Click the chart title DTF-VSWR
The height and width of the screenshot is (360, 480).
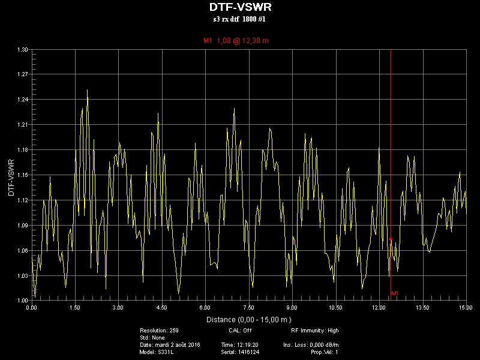[x=241, y=7]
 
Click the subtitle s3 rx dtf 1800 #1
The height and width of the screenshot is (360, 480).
[x=239, y=19]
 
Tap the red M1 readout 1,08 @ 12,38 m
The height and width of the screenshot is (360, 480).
[x=236, y=41]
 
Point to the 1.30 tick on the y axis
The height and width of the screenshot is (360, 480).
[x=22, y=50]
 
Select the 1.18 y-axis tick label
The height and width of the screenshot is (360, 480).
[x=22, y=150]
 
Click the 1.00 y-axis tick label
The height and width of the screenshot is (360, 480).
[x=22, y=301]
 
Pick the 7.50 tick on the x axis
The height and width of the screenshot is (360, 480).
[x=248, y=308]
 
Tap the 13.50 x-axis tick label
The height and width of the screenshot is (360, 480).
[x=422, y=308]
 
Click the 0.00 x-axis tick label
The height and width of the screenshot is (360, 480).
[x=32, y=308]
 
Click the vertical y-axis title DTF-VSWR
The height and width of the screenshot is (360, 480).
[x=11, y=178]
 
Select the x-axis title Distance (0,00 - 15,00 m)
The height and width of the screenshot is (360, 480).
[x=249, y=320]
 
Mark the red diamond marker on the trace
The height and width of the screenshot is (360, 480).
[x=391, y=239]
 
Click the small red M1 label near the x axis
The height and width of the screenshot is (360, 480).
[x=395, y=293]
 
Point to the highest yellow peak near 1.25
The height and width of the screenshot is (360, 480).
[x=87, y=90]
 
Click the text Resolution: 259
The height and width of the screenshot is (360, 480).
[x=159, y=331]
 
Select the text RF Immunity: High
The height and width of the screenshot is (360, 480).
[x=314, y=331]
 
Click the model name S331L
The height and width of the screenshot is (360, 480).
[x=166, y=352]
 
